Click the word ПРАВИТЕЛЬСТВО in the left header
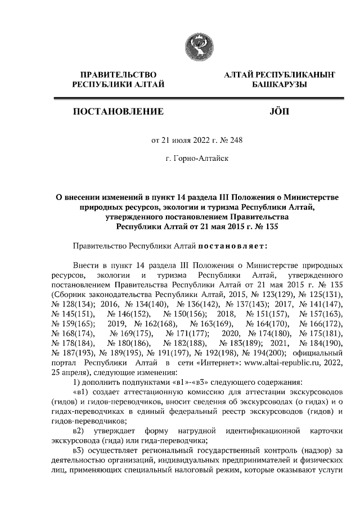pos(119,74)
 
